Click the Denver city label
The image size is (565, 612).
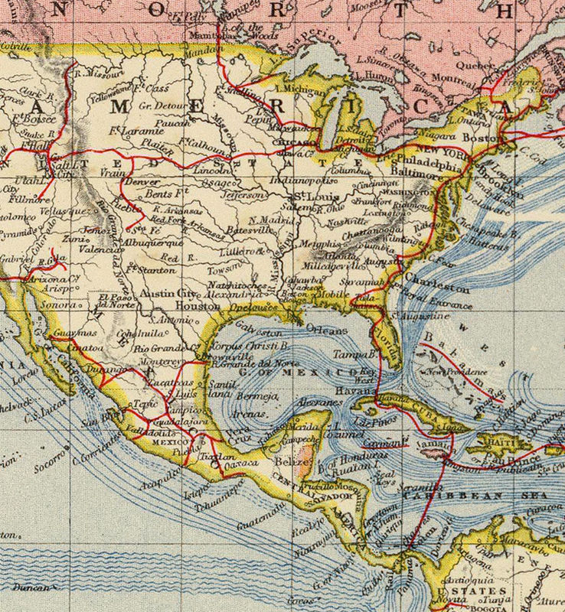[142, 183]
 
